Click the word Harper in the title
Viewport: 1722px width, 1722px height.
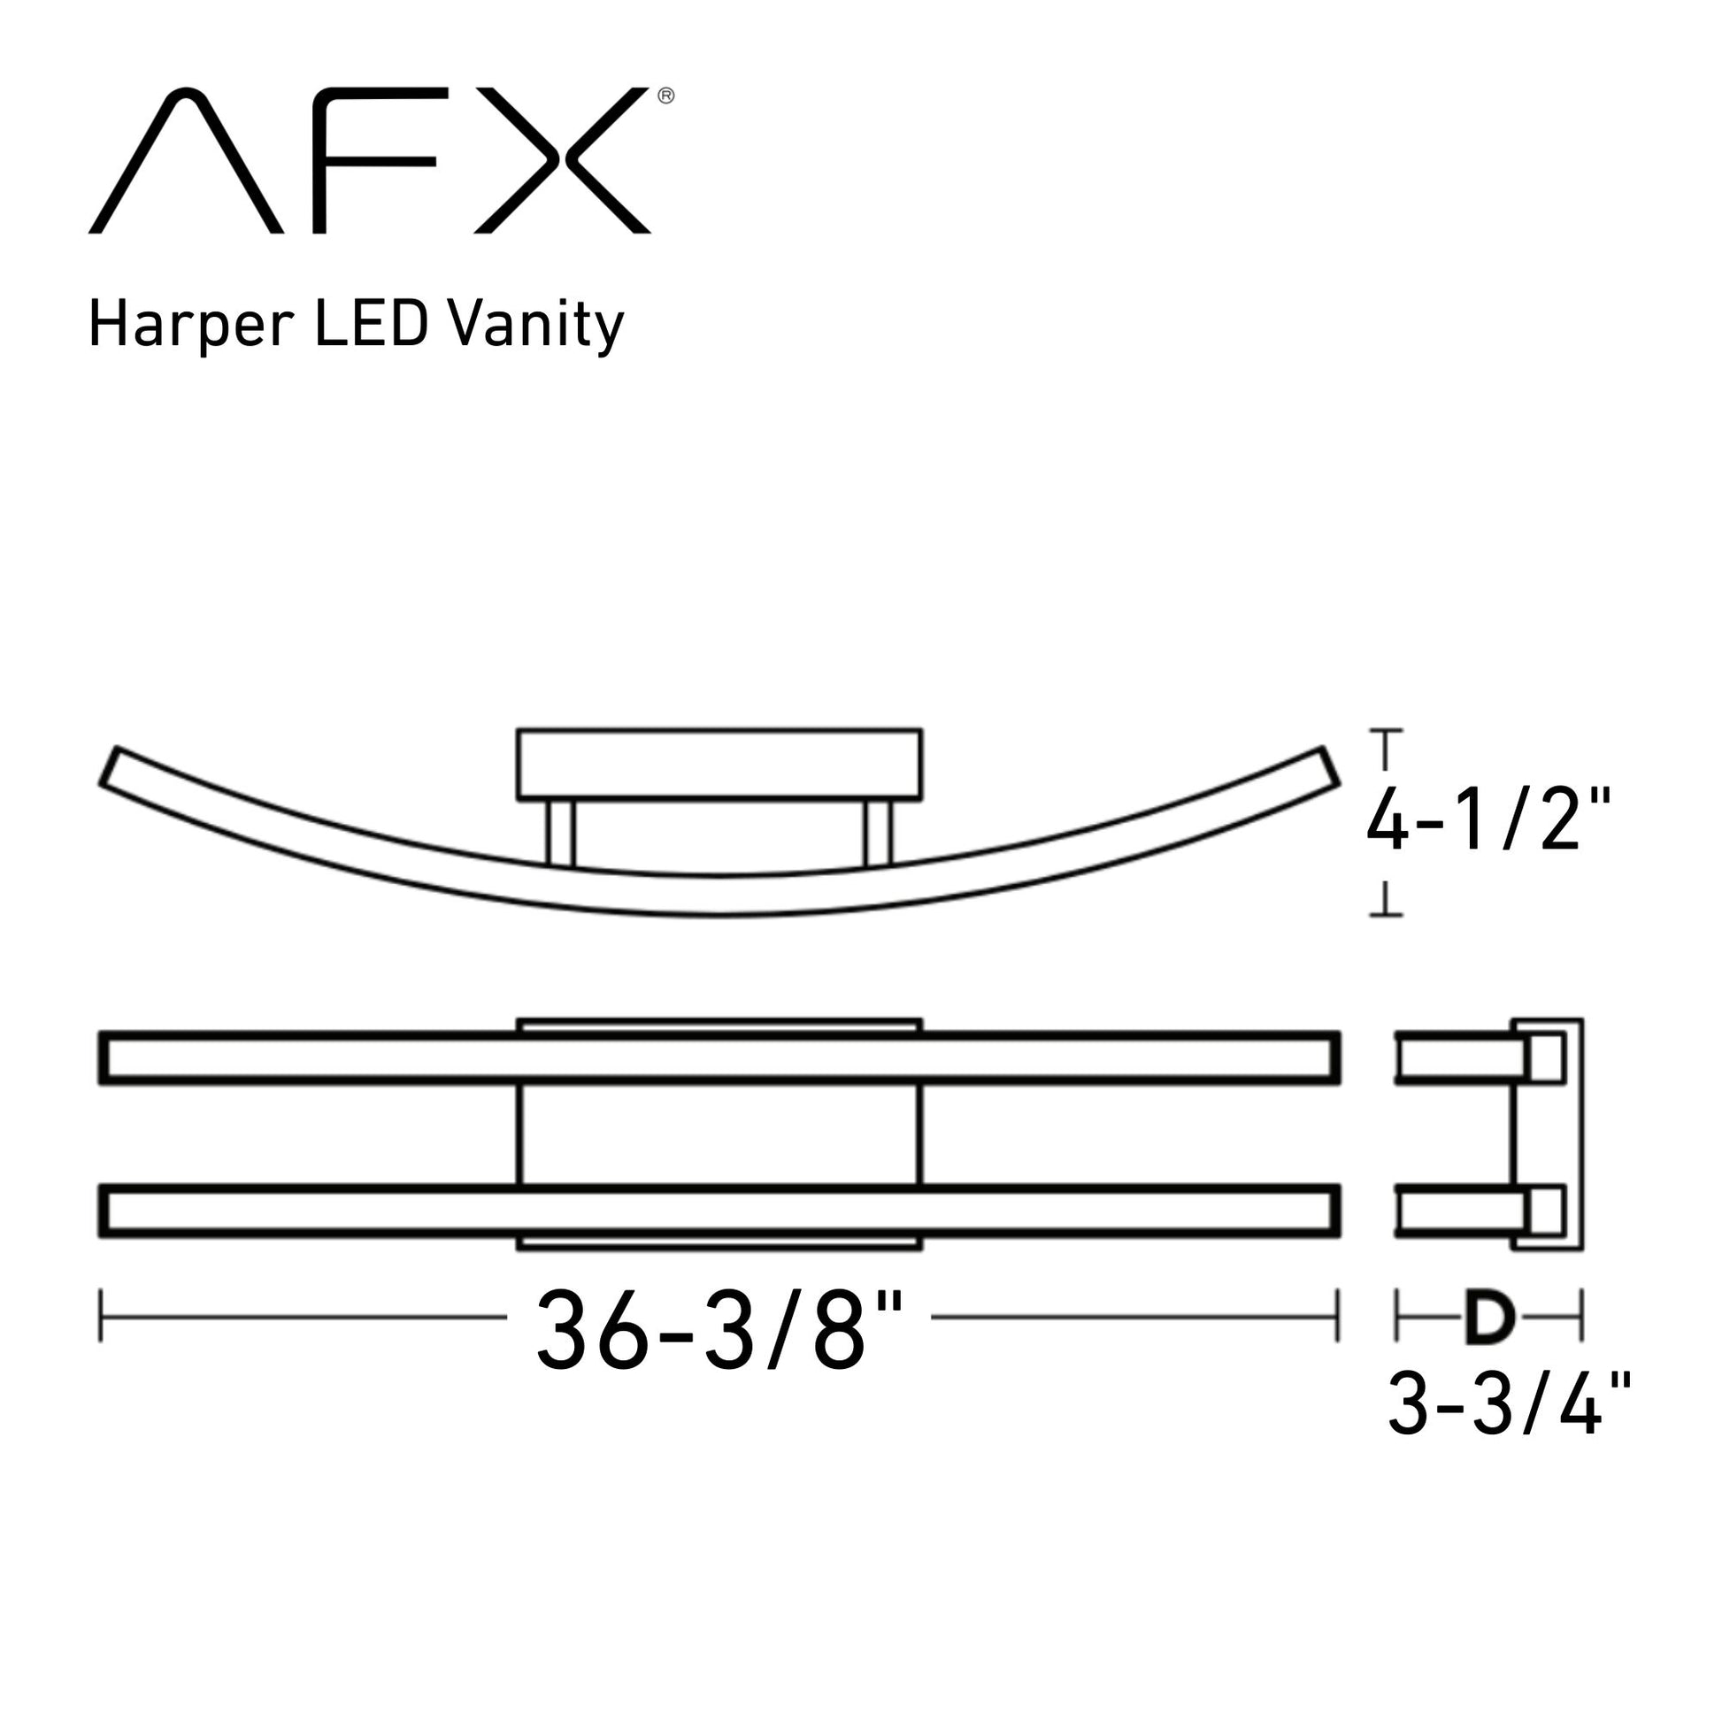click(192, 326)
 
